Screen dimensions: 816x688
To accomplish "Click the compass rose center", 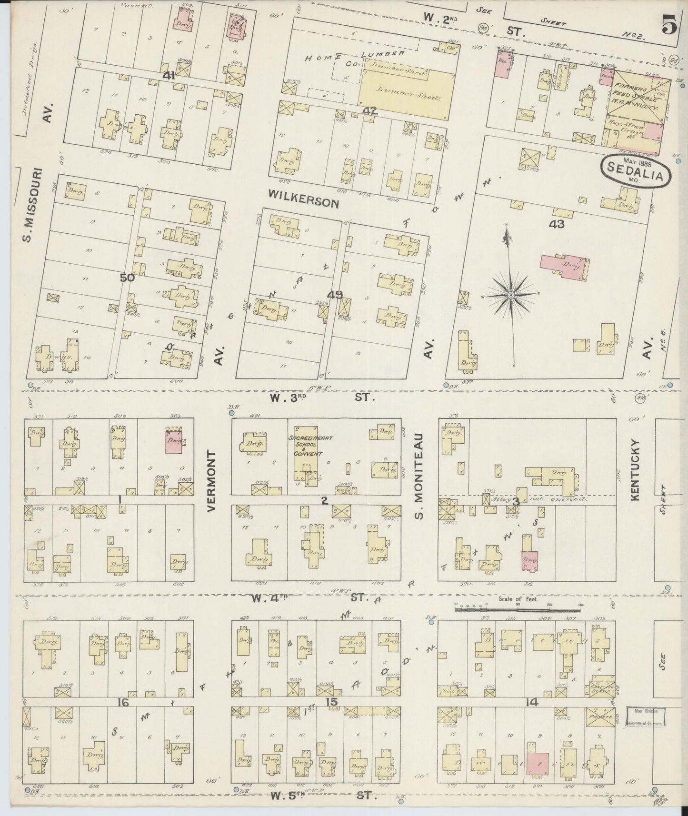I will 510,295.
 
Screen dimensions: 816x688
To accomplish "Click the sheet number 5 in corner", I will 668,26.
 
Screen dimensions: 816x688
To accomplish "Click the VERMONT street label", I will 212,481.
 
